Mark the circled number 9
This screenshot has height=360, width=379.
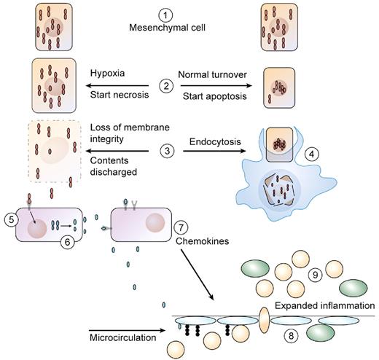[316, 275]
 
